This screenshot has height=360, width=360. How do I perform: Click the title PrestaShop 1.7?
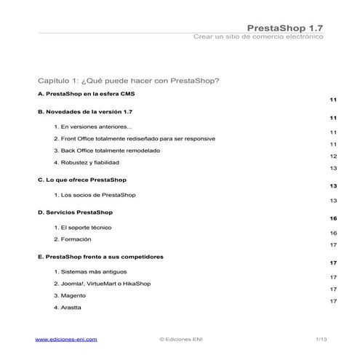tap(285, 28)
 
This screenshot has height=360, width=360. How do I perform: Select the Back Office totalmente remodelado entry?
tap(107, 151)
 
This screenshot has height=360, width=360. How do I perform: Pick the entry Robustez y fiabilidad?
tap(86, 162)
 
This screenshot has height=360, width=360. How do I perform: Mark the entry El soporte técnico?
tap(86, 228)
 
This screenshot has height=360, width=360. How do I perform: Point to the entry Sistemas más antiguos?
tap(90, 272)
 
